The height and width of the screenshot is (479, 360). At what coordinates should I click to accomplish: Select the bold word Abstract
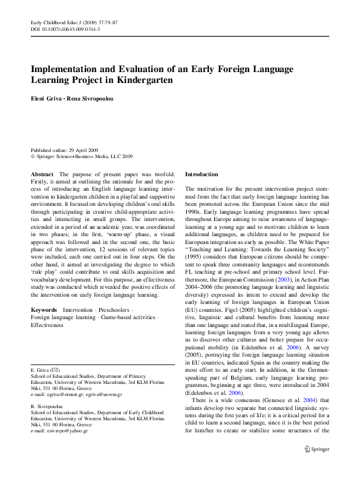click(42, 174)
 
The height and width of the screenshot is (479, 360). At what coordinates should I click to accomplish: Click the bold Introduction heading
click(201, 174)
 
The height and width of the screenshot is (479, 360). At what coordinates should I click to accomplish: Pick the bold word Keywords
click(44, 309)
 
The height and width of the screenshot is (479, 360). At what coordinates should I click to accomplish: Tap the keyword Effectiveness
click(47, 325)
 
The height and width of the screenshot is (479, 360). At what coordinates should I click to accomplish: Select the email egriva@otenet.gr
click(64, 394)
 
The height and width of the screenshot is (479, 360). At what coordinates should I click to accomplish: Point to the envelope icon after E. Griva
click(55, 369)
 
